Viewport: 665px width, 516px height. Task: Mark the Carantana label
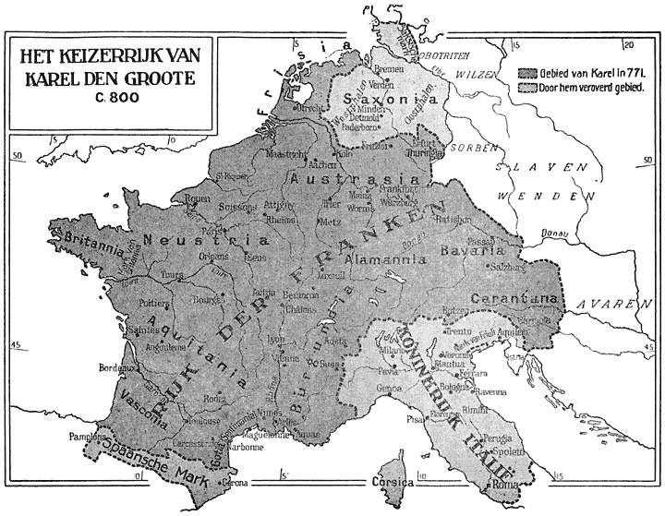click(515, 298)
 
